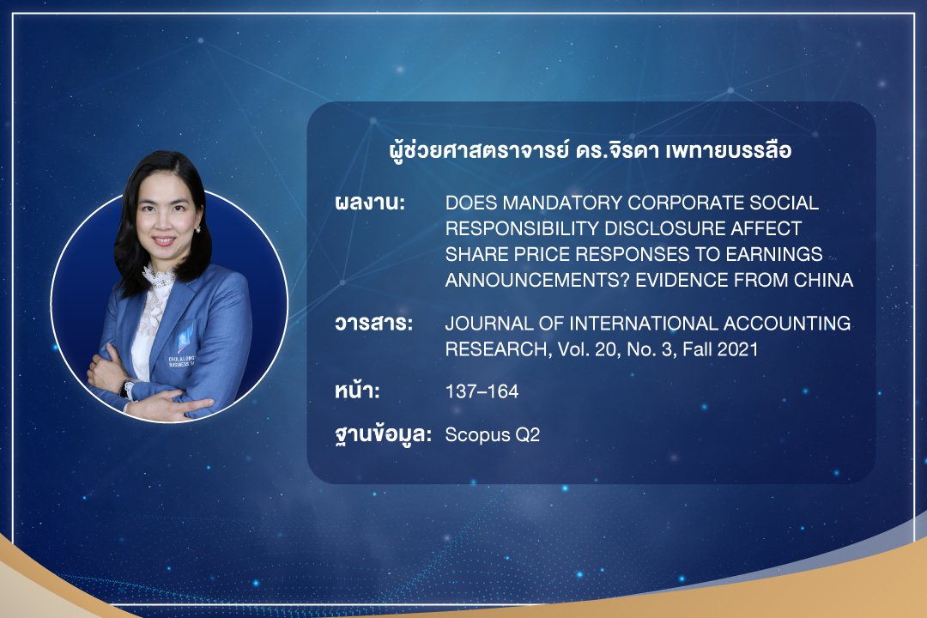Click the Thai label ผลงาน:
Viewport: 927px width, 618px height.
(x=370, y=203)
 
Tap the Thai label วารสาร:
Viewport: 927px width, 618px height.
(x=373, y=324)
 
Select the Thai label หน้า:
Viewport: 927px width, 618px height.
(x=357, y=391)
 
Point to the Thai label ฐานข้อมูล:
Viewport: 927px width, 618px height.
(x=383, y=434)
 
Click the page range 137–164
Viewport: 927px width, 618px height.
(x=482, y=391)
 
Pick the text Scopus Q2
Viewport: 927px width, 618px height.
(x=493, y=435)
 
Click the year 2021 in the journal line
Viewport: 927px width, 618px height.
(x=737, y=349)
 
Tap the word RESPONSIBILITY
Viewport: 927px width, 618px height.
(x=522, y=228)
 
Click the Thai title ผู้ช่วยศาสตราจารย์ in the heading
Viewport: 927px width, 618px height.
(x=480, y=151)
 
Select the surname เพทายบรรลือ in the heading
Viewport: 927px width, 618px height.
(x=729, y=151)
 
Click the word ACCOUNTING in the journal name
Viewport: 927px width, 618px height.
(x=787, y=324)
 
